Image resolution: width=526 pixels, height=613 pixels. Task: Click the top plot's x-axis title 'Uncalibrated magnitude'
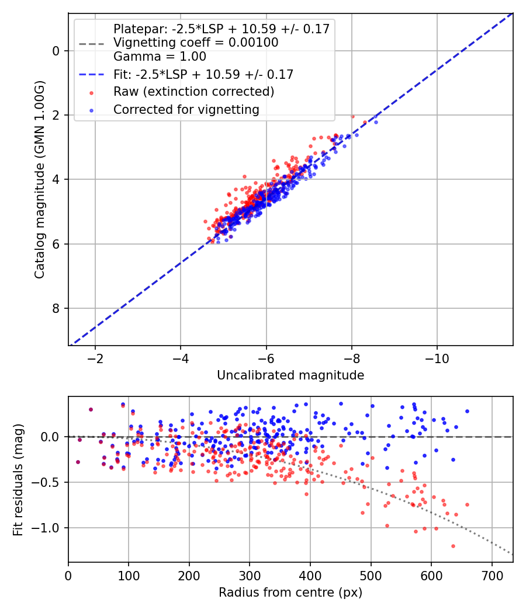(x=290, y=375)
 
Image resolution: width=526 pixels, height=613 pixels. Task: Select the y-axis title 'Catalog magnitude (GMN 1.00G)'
(x=40, y=179)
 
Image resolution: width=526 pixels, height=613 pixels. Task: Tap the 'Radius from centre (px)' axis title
(x=290, y=593)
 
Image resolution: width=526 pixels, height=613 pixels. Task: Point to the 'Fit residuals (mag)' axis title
(x=18, y=479)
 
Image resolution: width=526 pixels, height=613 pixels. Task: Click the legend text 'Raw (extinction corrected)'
(x=193, y=92)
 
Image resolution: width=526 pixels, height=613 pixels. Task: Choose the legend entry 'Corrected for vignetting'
(x=186, y=109)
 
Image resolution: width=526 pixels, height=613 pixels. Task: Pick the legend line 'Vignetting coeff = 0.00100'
(x=196, y=43)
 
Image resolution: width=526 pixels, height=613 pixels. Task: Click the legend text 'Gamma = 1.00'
(x=160, y=57)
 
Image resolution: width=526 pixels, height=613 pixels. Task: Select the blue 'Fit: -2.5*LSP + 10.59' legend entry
(x=203, y=75)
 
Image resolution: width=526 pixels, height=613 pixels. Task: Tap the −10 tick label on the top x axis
(x=437, y=357)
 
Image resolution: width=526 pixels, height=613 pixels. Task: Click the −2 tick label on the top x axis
(x=95, y=357)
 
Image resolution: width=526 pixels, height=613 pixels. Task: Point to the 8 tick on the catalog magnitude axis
(x=56, y=308)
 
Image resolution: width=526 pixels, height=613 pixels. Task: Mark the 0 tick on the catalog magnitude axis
(x=56, y=51)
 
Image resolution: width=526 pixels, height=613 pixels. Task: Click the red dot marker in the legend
(x=91, y=92)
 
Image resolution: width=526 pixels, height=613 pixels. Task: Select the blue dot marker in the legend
(x=91, y=110)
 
